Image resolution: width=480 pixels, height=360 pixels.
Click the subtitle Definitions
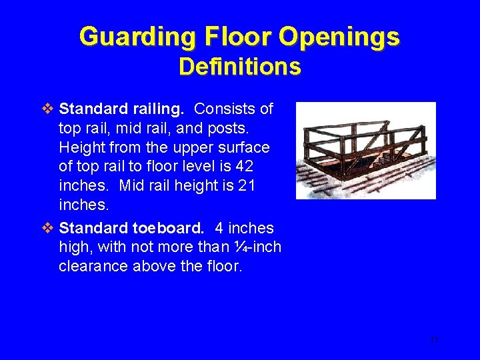[x=240, y=67]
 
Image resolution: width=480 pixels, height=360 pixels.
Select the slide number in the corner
[x=434, y=339]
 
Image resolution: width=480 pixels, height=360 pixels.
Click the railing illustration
[x=365, y=150]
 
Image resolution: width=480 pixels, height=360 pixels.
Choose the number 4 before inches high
[x=219, y=229]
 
